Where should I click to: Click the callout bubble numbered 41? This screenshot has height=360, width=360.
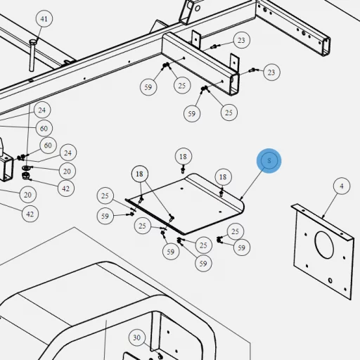[44, 18]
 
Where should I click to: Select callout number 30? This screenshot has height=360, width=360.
[137, 337]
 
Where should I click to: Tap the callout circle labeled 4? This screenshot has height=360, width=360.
[342, 186]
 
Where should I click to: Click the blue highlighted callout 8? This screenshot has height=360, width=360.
[269, 161]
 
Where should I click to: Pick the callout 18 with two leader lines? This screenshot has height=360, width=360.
[139, 174]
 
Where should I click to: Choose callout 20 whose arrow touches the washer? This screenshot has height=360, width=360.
[67, 171]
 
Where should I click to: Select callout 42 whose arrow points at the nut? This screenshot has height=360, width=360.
[66, 188]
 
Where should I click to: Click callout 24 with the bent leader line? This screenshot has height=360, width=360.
[67, 153]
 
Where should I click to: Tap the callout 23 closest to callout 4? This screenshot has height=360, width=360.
[271, 72]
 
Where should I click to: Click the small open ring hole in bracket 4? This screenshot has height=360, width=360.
[330, 281]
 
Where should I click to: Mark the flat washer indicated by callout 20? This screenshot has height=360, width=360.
[26, 168]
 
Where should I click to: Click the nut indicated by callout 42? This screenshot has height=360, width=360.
[25, 176]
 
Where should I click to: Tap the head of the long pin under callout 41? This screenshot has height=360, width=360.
[33, 43]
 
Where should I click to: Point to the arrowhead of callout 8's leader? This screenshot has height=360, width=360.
[241, 198]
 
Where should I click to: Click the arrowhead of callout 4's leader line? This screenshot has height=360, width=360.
[323, 217]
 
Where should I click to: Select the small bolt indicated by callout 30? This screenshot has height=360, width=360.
[160, 356]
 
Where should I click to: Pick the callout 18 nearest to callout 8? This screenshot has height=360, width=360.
[223, 177]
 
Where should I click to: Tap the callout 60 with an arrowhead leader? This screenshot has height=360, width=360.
[48, 146]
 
